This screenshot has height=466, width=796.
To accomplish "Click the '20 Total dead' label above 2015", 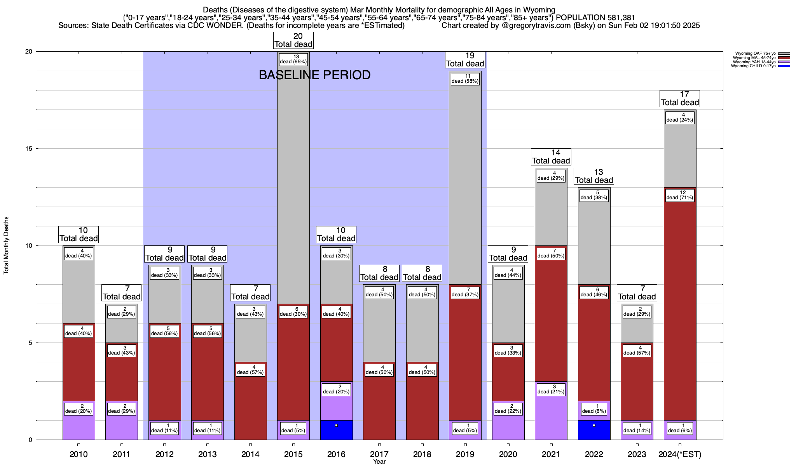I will click(x=293, y=40).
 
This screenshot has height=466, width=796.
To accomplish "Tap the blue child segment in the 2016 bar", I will click(x=337, y=430).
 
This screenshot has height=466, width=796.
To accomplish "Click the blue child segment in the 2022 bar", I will click(x=594, y=430).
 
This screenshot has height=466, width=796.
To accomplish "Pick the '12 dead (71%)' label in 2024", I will click(x=680, y=195).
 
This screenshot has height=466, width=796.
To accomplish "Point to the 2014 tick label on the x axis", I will click(x=250, y=454).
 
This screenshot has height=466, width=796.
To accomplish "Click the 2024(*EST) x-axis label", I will click(x=680, y=454).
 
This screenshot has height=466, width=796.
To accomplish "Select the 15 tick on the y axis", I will click(x=29, y=149).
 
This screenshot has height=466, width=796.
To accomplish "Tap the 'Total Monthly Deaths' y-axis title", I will click(x=6, y=245).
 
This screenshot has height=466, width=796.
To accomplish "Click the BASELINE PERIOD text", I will click(x=314, y=75).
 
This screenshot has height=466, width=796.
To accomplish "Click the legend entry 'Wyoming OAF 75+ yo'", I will click(x=755, y=54).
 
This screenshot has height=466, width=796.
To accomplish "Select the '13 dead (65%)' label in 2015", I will click(x=293, y=59).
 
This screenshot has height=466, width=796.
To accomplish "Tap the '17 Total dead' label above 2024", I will click(x=680, y=99).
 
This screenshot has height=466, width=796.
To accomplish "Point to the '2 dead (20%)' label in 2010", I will click(x=79, y=409).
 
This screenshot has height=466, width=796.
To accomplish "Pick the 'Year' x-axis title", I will click(x=379, y=462).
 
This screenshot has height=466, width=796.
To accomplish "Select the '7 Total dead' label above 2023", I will click(x=637, y=293).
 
